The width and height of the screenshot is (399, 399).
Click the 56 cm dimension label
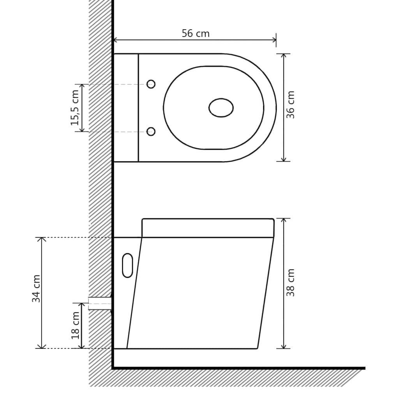(196, 34)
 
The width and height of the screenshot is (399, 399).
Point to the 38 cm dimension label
(290, 282)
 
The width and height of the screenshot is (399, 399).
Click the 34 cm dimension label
(36, 288)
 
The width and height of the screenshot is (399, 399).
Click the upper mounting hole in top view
(151, 84)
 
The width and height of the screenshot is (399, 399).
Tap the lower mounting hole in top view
(151, 132)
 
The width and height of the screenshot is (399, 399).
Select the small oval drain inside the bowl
(221, 108)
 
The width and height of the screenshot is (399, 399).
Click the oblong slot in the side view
(127, 265)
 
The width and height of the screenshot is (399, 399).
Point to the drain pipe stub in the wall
(100, 303)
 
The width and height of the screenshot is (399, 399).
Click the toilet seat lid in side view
(208, 228)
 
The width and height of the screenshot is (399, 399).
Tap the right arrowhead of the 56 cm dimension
(274, 40)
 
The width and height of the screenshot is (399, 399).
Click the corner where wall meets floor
(113, 367)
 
